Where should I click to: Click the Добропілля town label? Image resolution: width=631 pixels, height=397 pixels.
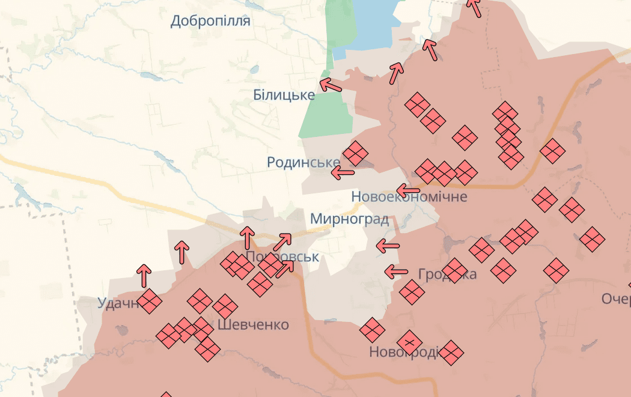tap(210, 21)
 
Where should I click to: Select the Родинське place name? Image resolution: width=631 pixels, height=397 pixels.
tap(303, 162)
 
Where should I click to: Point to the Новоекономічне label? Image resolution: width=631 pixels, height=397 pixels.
tap(409, 196)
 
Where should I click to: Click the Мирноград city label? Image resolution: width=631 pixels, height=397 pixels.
tap(349, 219)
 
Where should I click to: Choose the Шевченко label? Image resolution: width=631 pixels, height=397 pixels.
tap(253, 325)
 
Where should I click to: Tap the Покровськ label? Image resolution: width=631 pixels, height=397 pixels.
tap(282, 256)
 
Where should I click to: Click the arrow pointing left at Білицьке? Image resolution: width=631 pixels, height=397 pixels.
tap(330, 85)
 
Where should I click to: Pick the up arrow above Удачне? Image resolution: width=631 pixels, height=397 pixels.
tap(144, 275)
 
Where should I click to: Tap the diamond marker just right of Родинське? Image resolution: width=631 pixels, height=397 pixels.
tap(355, 153)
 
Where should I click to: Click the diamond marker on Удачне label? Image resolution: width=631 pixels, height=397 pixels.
tap(149, 302)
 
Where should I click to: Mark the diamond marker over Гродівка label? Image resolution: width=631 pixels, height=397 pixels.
tap(454, 270)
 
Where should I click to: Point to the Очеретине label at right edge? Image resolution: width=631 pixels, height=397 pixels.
tap(616, 299)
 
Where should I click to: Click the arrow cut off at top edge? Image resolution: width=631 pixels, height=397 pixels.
tap(474, 7)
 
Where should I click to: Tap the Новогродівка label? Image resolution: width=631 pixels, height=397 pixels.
tap(406, 351)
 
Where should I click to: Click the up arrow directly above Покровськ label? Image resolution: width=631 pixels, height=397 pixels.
tap(246, 237)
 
